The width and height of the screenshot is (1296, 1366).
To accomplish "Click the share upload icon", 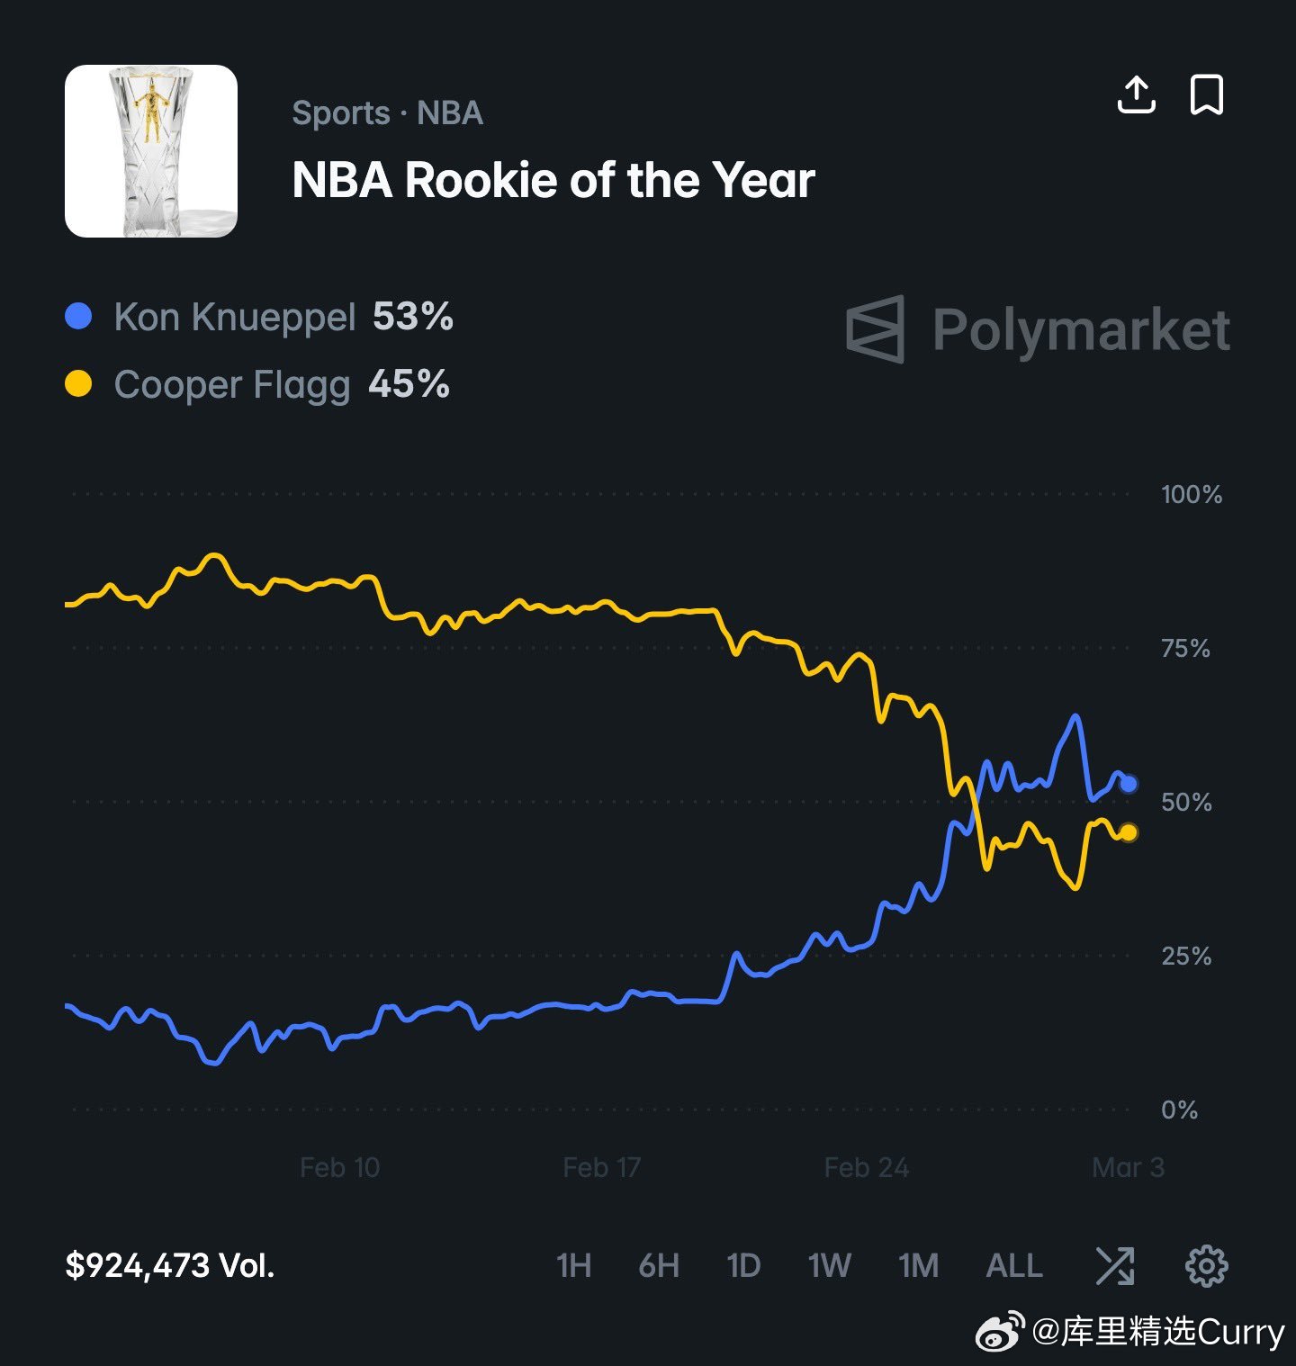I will (1136, 94).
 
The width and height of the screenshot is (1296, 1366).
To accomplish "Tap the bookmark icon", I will (1206, 94).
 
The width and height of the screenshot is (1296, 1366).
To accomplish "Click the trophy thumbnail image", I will (151, 151).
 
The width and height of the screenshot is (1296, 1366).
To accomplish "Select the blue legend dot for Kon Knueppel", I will (79, 317).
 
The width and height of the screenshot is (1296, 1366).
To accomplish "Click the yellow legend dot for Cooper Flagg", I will (79, 384).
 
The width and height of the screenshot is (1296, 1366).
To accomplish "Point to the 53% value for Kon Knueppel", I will (413, 317).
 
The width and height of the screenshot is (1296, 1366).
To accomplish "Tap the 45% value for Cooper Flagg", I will (409, 384).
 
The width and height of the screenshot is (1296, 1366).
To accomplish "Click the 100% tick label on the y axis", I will (1192, 494).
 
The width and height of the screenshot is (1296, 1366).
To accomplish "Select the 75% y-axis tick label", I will (1185, 648).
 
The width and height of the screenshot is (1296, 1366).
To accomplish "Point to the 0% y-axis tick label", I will (1179, 1110).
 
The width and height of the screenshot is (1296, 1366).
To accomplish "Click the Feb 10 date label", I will (339, 1167).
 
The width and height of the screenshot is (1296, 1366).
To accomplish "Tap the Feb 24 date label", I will (866, 1167).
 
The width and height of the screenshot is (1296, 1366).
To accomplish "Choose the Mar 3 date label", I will (1128, 1167).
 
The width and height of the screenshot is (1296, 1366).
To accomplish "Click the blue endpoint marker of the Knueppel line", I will (1129, 784).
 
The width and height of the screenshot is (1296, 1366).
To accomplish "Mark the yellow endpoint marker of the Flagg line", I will (1129, 832).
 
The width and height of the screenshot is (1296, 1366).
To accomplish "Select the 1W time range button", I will (829, 1265).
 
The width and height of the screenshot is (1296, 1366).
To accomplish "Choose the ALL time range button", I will (1014, 1265).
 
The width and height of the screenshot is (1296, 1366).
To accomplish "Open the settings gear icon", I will (1206, 1265).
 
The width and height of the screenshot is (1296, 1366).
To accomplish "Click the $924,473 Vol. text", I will (169, 1265).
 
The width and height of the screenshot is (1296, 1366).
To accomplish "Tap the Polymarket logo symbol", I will (876, 329).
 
